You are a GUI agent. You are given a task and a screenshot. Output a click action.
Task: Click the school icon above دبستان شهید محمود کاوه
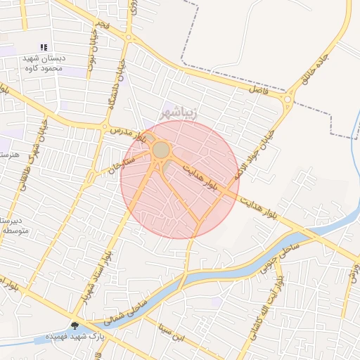[x=44, y=48]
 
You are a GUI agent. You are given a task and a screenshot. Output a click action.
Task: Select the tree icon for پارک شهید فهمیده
[x=75, y=326]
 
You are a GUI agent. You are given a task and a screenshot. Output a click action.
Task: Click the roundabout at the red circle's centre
[x=162, y=150]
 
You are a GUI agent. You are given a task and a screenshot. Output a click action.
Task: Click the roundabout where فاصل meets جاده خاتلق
[x=288, y=100]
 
